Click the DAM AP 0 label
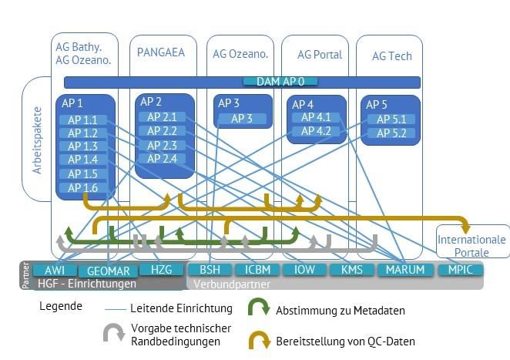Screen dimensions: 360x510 (x=280, y=82)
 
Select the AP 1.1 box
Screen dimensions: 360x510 (x=83, y=120)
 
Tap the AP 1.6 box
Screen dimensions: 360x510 (x=83, y=188)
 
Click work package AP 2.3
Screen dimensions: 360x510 (x=162, y=146)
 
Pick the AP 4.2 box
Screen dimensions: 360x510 (x=316, y=132)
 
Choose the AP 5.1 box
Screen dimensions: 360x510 (x=391, y=119)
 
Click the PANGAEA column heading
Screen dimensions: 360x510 (x=162, y=52)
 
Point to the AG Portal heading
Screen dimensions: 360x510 (x=320, y=55)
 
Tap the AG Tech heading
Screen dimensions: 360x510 (x=391, y=56)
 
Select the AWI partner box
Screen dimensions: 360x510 (x=55, y=271)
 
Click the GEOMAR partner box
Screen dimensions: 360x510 (x=109, y=271)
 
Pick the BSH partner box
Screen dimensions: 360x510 (x=210, y=271)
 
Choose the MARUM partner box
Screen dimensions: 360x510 (x=404, y=271)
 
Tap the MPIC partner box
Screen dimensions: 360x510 (x=461, y=271)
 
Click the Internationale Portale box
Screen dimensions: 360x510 (x=471, y=246)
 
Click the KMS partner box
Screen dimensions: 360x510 (x=351, y=271)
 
